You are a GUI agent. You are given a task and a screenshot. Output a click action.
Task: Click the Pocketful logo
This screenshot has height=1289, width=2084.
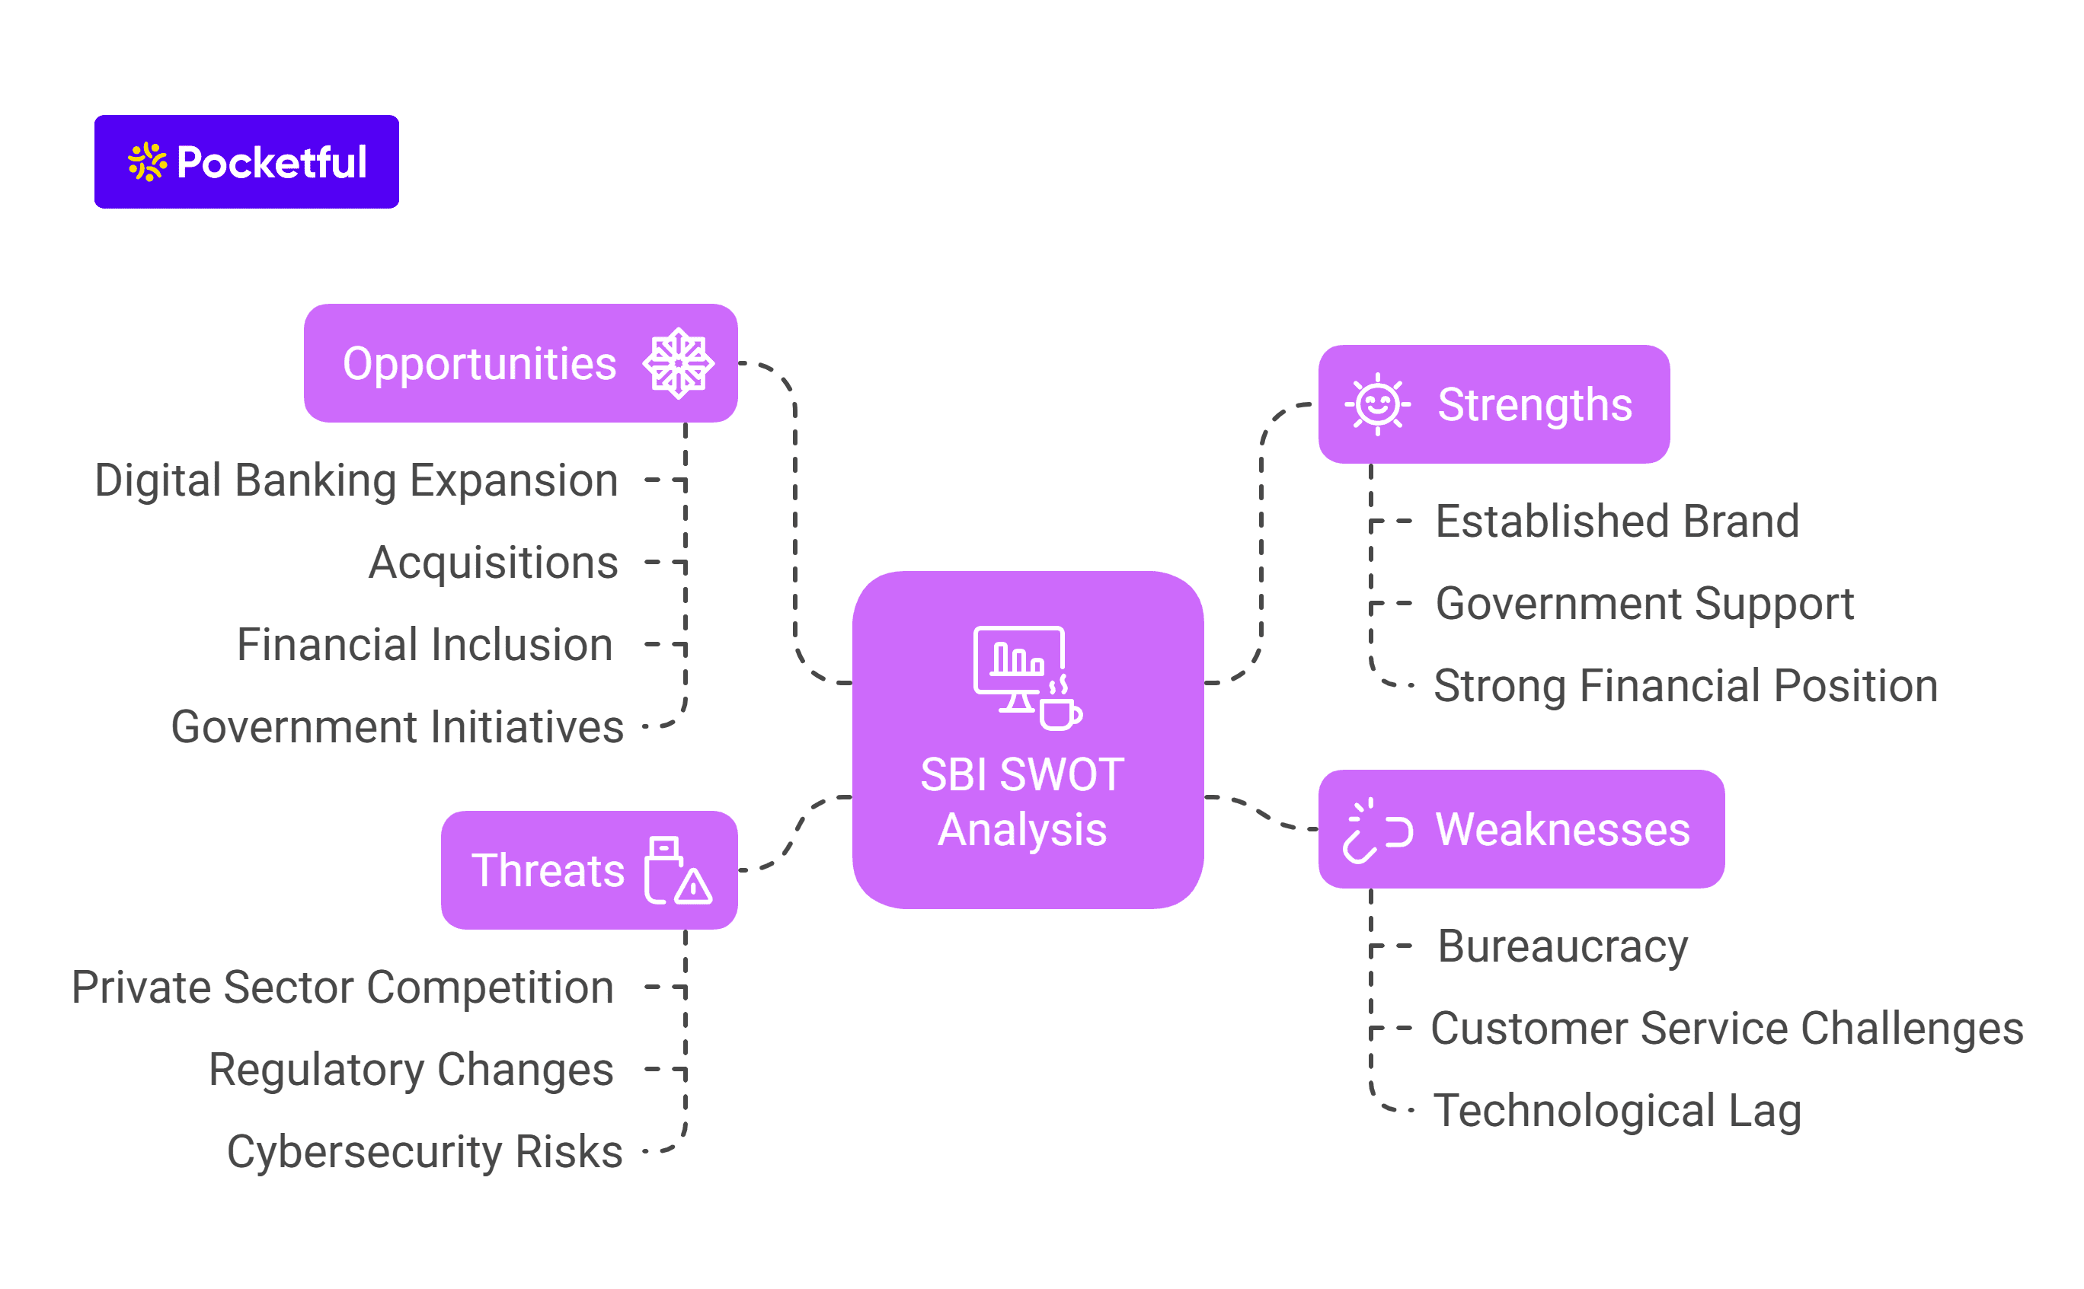click(x=247, y=162)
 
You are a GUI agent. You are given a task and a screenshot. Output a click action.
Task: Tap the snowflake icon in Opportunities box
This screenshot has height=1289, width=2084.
click(x=678, y=363)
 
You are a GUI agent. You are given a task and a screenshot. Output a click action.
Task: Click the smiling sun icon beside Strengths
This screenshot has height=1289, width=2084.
click(x=1377, y=404)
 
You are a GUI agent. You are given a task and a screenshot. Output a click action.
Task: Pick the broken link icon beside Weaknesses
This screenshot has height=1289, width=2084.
click(x=1376, y=831)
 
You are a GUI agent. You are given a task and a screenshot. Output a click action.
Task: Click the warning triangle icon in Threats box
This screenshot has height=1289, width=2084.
click(x=693, y=886)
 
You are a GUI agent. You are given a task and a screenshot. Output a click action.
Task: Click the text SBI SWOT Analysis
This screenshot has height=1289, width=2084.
click(x=1021, y=802)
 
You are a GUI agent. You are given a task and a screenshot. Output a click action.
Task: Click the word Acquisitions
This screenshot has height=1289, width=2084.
click(x=493, y=563)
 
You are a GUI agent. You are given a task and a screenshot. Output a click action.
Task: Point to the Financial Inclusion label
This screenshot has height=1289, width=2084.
click(x=424, y=644)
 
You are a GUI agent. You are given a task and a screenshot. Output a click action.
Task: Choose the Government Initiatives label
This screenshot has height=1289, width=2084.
click(x=398, y=727)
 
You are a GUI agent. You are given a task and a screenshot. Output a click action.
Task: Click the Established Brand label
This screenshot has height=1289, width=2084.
click(x=1617, y=521)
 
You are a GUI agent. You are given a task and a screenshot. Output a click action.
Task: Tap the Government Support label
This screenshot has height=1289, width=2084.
click(x=1644, y=604)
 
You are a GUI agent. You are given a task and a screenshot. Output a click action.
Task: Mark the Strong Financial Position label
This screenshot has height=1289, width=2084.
click(x=1685, y=685)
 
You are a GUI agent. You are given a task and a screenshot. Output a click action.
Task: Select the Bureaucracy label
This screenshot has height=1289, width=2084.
click(x=1562, y=946)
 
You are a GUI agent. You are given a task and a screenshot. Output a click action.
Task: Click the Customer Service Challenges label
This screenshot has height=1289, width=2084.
click(x=1726, y=1028)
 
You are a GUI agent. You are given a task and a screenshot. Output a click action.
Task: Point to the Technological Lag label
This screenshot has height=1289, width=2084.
click(x=1617, y=1110)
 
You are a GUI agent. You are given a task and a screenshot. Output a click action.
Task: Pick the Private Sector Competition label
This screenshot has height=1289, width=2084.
click(x=343, y=987)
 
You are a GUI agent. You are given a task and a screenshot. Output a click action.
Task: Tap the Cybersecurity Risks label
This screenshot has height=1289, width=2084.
click(x=424, y=1152)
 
